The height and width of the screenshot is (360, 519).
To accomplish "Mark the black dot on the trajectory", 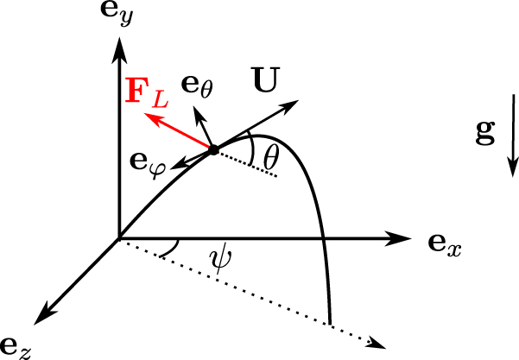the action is coord(212,150).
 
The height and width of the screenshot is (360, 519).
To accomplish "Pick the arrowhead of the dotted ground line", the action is coord(377,343).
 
